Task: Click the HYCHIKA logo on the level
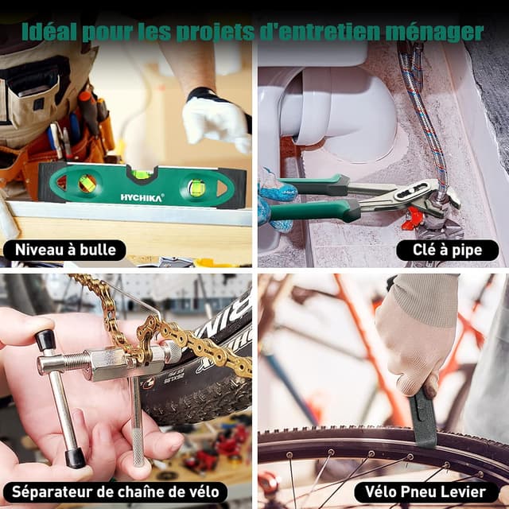tap(142, 197)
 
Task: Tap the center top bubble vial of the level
tap(142, 175)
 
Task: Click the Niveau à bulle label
tap(65, 250)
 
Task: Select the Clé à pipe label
tap(447, 250)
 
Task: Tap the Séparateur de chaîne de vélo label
tap(115, 492)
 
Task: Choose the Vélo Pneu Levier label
tap(425, 492)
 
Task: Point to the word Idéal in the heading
tap(49, 31)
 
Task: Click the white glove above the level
tap(216, 121)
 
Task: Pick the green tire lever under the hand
tap(422, 419)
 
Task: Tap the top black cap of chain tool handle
tap(45, 340)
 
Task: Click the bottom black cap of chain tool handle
tap(76, 458)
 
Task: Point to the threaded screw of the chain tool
tap(74, 361)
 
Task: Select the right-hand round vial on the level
tap(197, 188)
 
